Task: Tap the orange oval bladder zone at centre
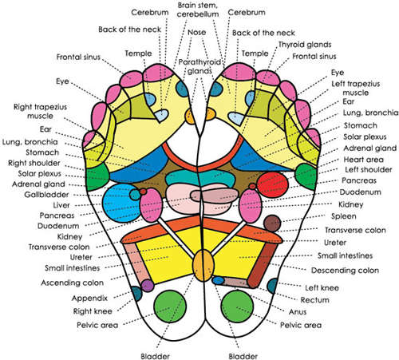click(204, 263)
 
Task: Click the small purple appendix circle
click(147, 285)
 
